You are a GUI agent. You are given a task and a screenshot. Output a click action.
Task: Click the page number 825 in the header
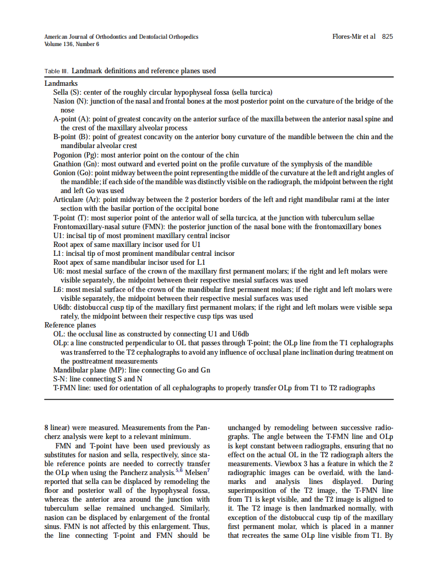coord(387,37)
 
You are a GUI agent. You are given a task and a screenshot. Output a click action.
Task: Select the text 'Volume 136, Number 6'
coord(72,44)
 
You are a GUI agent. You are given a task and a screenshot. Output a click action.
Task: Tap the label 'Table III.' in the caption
coord(56,71)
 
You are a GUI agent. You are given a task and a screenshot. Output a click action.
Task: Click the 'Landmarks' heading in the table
coord(61,83)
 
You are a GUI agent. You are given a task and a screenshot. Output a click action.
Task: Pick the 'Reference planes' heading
coord(70,325)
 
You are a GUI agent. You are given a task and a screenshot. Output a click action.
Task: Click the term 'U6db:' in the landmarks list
coord(63,307)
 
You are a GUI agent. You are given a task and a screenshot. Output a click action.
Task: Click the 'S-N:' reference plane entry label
coord(61,379)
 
